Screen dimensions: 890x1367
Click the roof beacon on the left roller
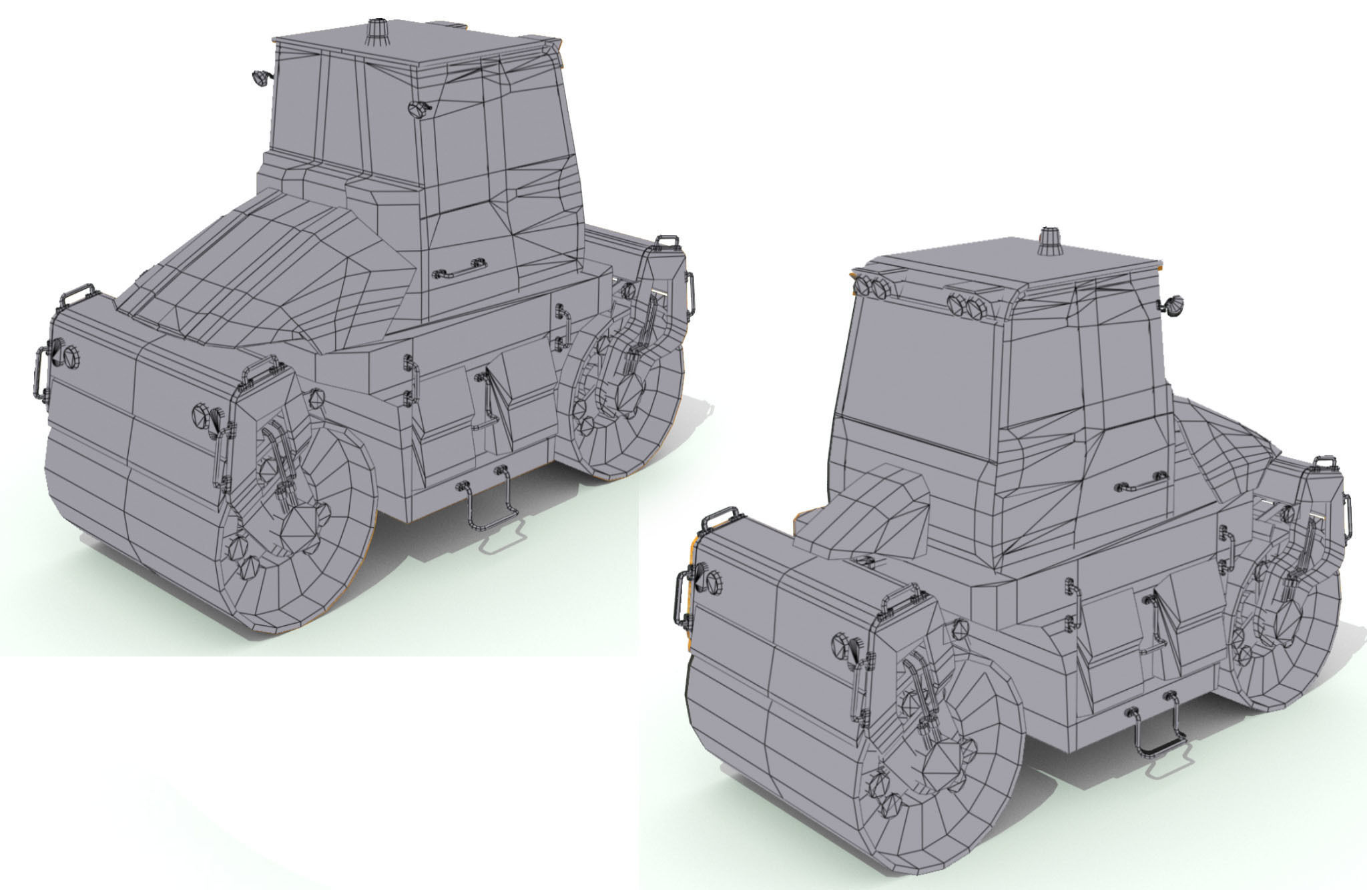point(377,31)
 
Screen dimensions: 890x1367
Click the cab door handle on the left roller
point(459,269)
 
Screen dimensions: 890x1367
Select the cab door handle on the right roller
point(1140,482)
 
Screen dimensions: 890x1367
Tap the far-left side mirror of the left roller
point(259,78)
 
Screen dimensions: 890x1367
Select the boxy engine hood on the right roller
point(868,507)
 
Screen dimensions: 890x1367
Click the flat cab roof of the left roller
point(414,50)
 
